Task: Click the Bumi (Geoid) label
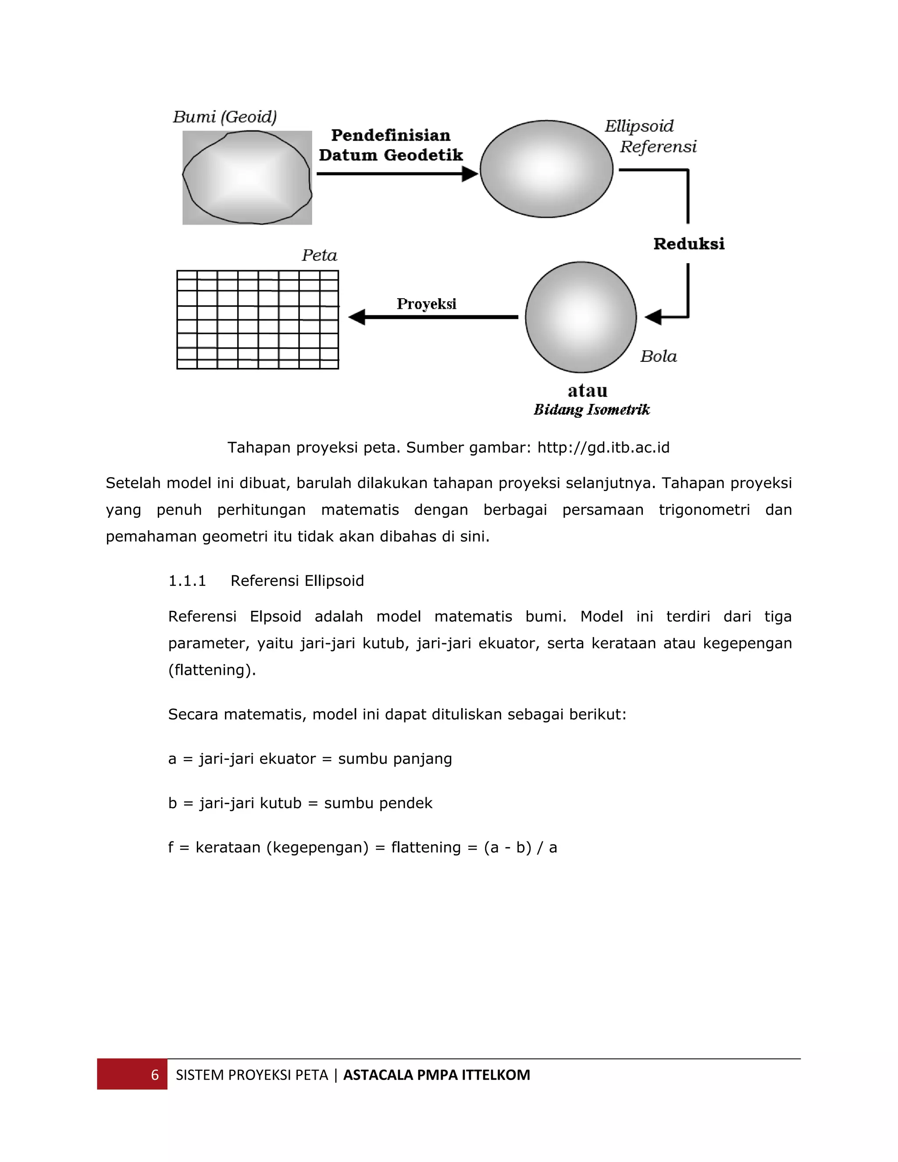(224, 117)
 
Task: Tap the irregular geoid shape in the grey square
(247, 178)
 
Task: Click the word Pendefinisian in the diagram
(391, 135)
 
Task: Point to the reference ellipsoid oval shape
(546, 169)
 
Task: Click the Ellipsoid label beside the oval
(639, 127)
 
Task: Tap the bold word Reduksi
(689, 244)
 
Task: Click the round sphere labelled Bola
(581, 317)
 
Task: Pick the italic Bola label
(658, 356)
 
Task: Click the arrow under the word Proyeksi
(433, 317)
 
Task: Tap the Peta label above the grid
(319, 255)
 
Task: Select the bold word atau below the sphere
(587, 391)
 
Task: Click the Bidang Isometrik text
(592, 410)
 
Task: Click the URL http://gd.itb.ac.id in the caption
(603, 447)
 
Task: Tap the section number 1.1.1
(187, 581)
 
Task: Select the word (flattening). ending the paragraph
(212, 670)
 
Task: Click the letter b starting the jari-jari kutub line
(172, 803)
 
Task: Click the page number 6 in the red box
(155, 1075)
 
